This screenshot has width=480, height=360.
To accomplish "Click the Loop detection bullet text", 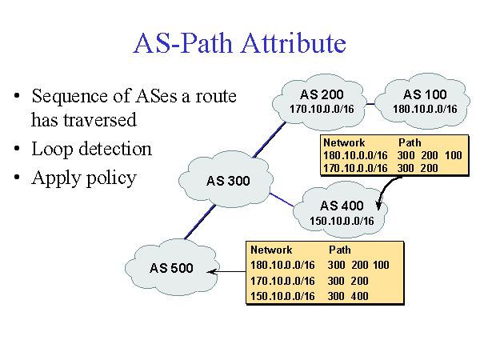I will pos(91,149).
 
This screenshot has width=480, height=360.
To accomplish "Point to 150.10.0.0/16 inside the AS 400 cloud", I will pos(342,220).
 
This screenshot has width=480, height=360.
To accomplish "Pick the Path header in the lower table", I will pos(340,250).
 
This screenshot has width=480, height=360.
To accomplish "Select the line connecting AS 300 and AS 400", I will pos(283,200).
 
